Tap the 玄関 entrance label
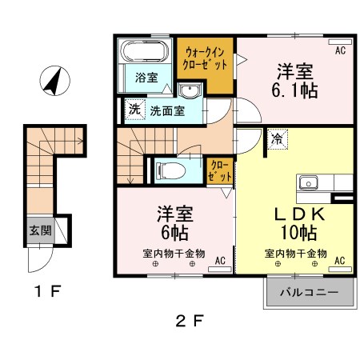coord(40,230)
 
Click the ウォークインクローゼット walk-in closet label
coord(206,57)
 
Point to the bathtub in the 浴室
coord(143,53)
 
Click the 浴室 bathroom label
coord(146,78)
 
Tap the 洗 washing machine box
coord(132,109)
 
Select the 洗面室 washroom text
coord(167,110)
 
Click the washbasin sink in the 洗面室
coord(189,90)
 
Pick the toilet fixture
coord(169,170)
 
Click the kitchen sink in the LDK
coord(309,183)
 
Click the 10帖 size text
coord(296,234)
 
